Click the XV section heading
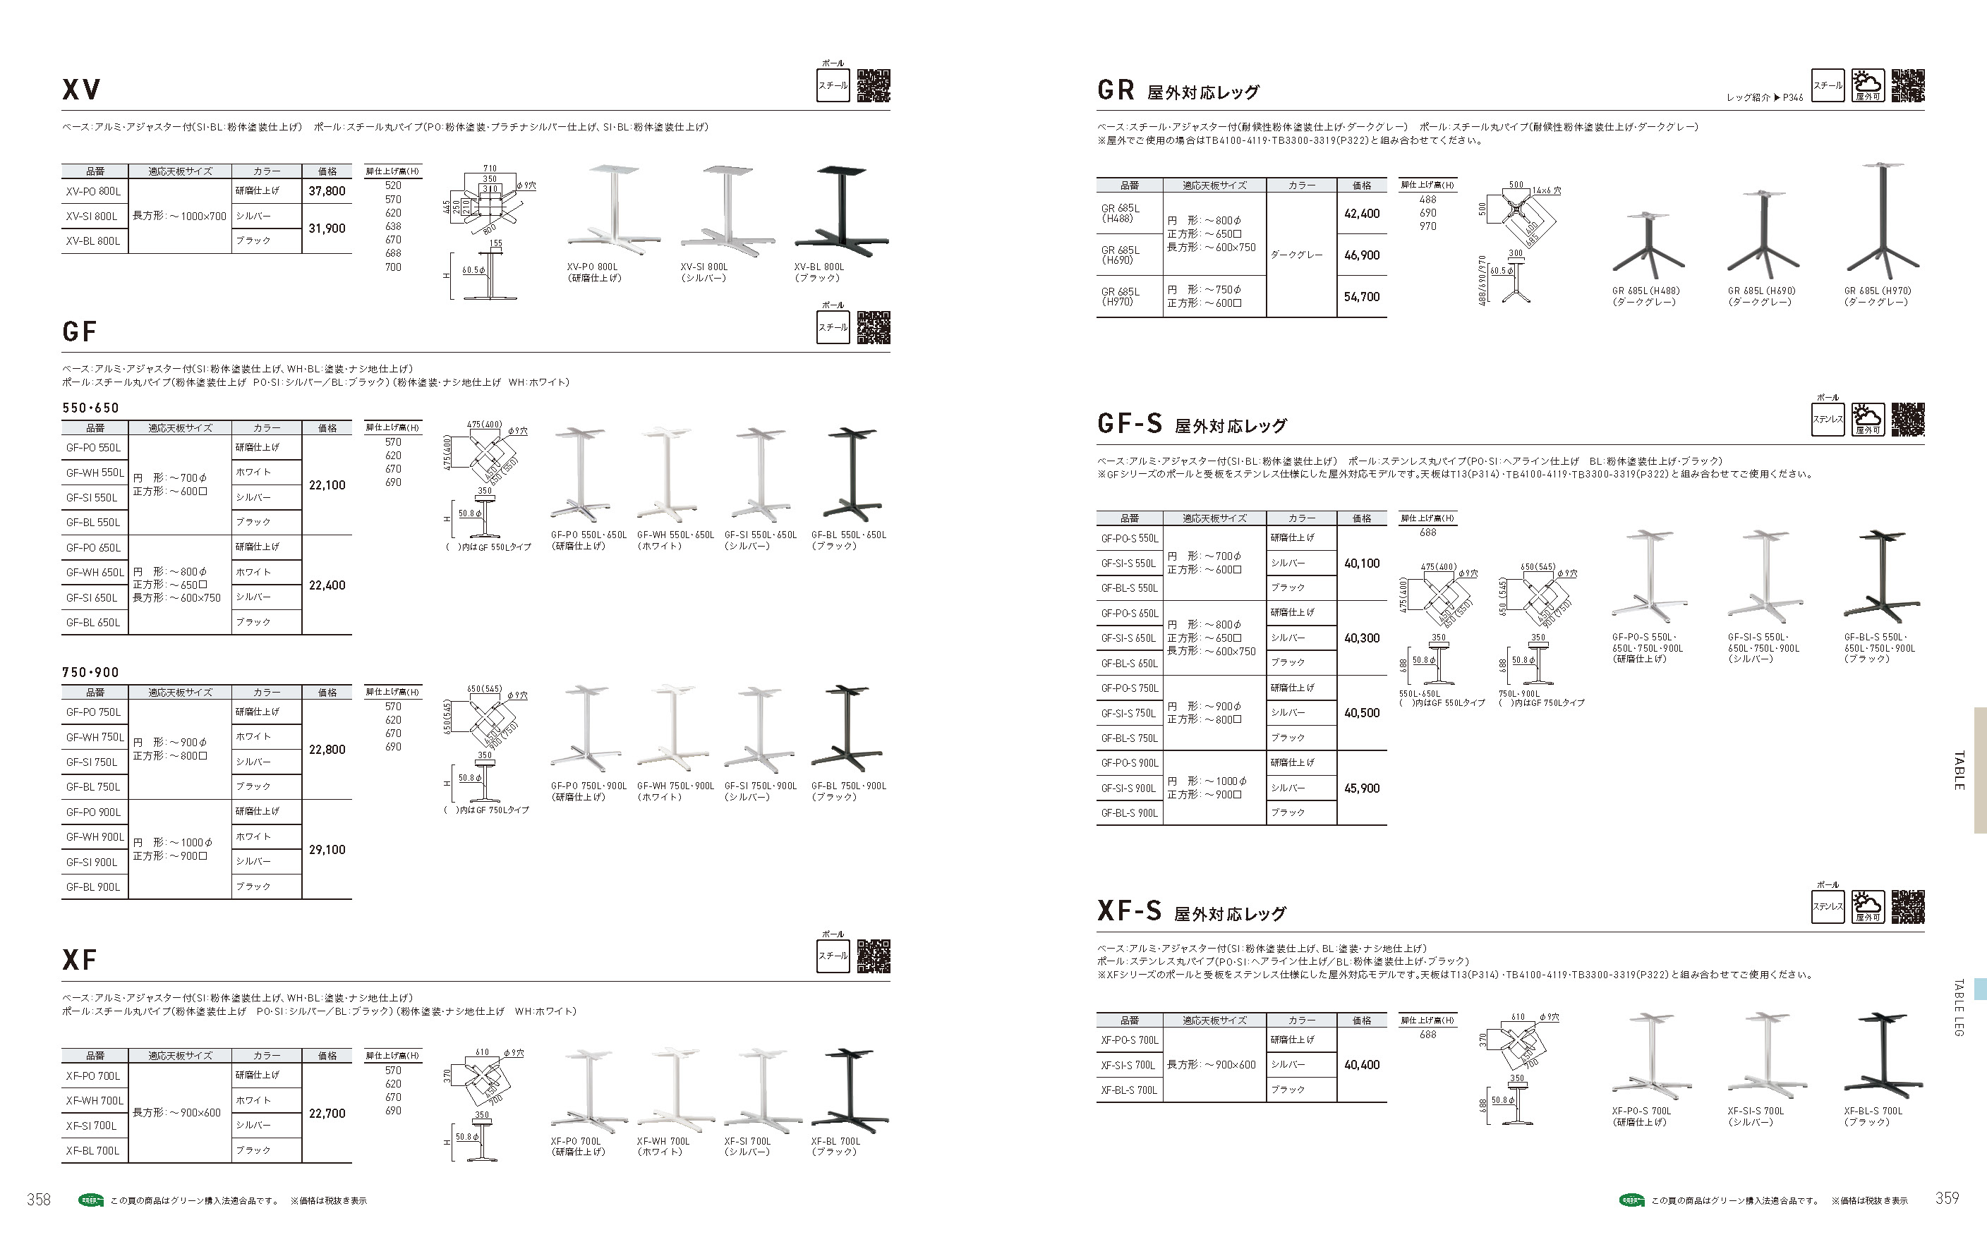[81, 89]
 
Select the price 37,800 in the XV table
[327, 191]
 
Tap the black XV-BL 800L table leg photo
[841, 206]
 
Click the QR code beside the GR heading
[1907, 86]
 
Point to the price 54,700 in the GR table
[1362, 297]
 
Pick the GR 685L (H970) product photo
[1883, 219]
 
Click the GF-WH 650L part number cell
[95, 573]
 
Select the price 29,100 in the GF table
[327, 850]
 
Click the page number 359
[1947, 1198]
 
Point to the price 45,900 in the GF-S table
[1362, 788]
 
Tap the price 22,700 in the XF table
[327, 1114]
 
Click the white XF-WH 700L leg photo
[675, 1089]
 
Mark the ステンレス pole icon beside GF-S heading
[1828, 420]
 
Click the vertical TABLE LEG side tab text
[1958, 1008]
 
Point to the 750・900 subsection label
[91, 673]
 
